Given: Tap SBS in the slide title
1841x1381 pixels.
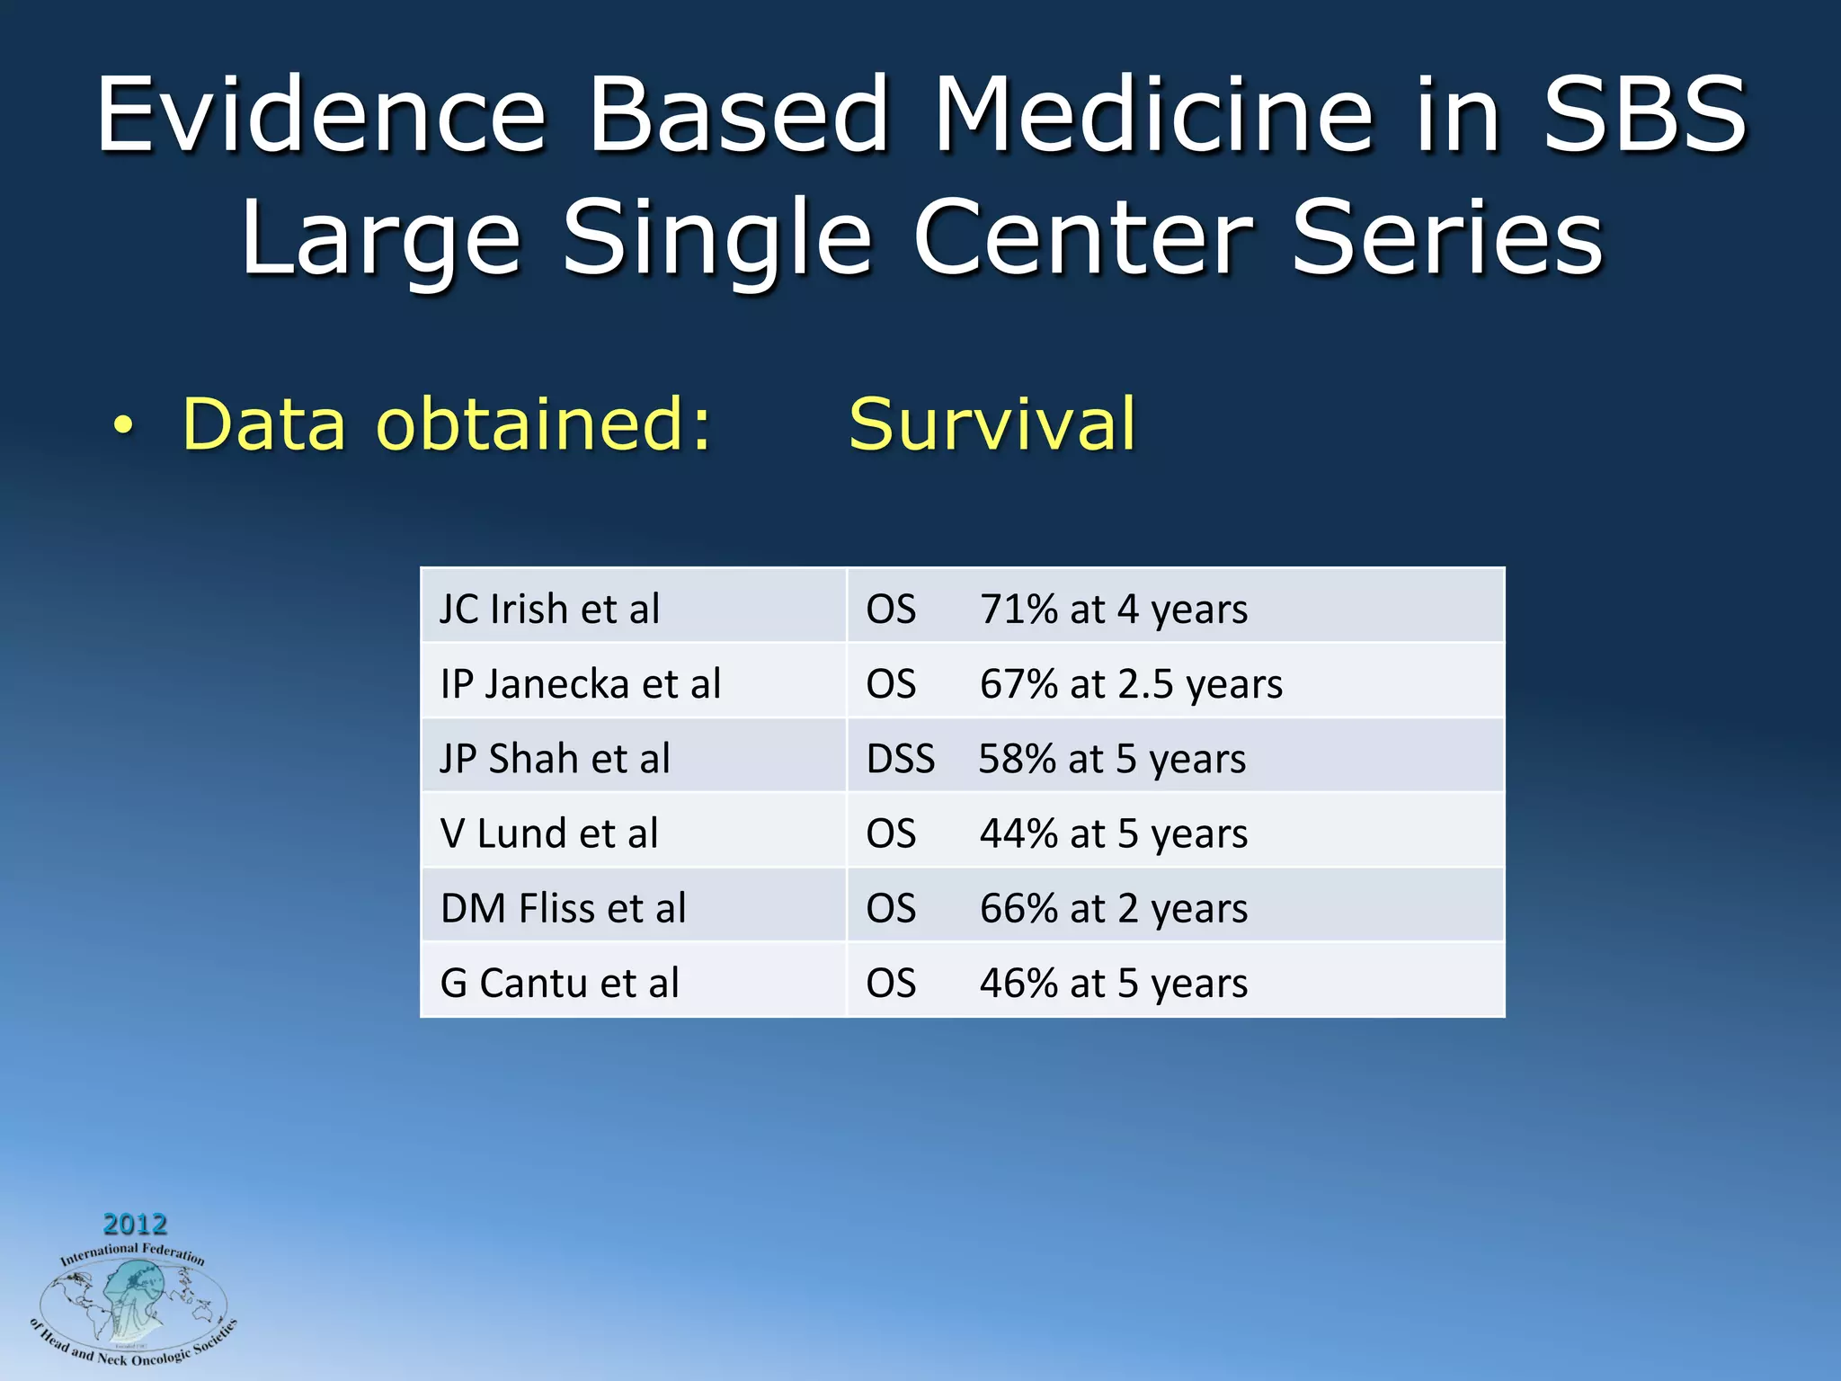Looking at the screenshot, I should coord(1645,115).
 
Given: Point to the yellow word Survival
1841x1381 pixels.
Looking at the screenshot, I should coord(992,424).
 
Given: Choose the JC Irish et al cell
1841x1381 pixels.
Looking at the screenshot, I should coord(549,609).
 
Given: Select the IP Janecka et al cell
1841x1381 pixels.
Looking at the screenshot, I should coord(580,683).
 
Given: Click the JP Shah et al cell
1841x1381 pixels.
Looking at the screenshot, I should coord(555,758).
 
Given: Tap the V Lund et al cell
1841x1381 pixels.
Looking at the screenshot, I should coord(548,833).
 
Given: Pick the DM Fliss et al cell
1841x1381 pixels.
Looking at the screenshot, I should coord(563,907).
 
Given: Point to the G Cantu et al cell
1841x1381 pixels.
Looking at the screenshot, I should coord(559,982).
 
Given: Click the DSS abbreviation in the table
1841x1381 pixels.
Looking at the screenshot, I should coord(900,759).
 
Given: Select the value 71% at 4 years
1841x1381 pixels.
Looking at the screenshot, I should coord(1113,610).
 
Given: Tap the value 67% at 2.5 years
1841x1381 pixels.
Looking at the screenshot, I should coord(1131,684).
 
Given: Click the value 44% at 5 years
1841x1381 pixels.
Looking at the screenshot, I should coord(1113,833).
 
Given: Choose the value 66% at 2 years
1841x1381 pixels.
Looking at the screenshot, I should coord(1113,908).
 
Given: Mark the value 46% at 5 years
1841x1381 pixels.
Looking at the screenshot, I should coord(1113,983).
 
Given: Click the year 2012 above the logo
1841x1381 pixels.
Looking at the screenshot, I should coord(135,1224).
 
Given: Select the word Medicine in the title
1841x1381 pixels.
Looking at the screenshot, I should coord(1153,115).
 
